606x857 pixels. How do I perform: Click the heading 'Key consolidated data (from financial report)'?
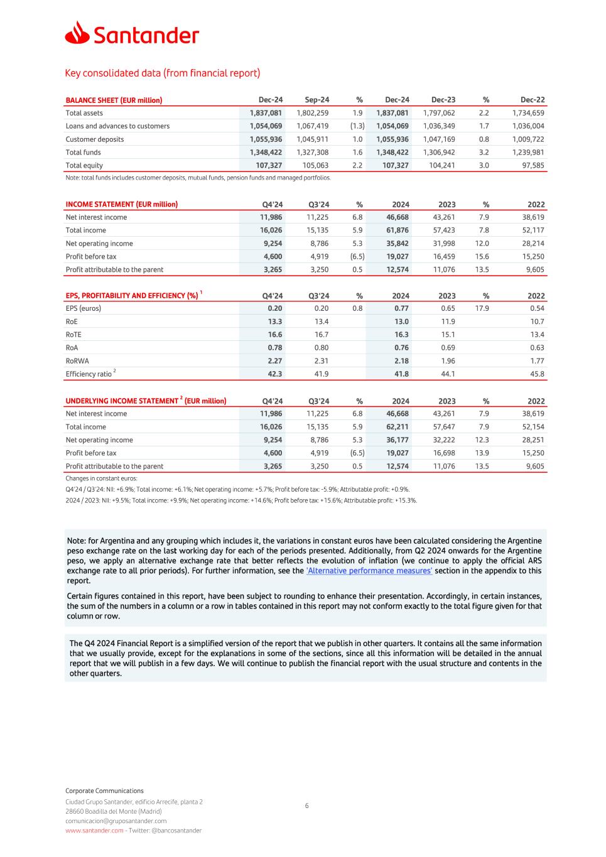162,73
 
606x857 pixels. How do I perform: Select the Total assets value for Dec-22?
528,113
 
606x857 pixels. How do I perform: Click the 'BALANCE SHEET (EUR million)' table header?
114,100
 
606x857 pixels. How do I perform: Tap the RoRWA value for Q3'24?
321,360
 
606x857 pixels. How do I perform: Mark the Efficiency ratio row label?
89,374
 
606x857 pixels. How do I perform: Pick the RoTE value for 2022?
537,335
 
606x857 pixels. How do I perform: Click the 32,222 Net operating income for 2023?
444,440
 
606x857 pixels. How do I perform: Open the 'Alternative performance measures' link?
369,571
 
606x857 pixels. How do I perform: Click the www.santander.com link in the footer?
94,831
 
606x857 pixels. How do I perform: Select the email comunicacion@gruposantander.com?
116,821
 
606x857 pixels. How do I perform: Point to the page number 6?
306,806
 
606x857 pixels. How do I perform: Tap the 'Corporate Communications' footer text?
104,790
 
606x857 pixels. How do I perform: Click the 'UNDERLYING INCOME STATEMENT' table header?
146,401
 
